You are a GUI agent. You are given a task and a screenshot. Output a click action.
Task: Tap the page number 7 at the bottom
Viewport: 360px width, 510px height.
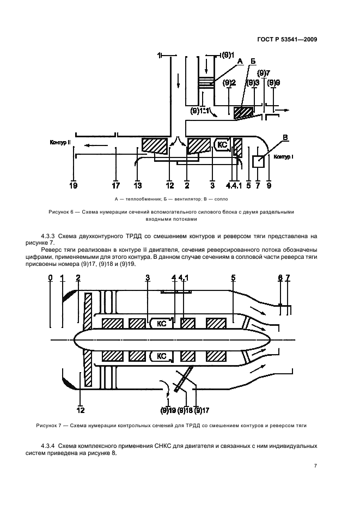315,466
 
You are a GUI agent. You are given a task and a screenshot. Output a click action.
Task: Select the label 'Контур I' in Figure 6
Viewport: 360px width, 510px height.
284,157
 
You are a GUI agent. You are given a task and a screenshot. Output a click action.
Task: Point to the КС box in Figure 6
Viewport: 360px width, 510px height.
221,145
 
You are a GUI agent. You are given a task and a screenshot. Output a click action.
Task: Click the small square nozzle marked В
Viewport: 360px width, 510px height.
259,161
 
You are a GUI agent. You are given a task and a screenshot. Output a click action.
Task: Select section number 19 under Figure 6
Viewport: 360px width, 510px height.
73,186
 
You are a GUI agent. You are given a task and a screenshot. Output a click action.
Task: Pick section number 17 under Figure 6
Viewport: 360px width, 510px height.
116,186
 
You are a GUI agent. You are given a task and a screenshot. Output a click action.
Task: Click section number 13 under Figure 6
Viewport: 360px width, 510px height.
137,186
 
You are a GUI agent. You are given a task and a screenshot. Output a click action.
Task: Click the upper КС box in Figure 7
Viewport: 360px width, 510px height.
161,323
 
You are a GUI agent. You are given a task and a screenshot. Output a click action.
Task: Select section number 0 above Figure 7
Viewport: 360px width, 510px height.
50,278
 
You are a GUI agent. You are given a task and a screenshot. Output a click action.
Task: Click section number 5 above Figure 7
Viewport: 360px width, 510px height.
233,278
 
